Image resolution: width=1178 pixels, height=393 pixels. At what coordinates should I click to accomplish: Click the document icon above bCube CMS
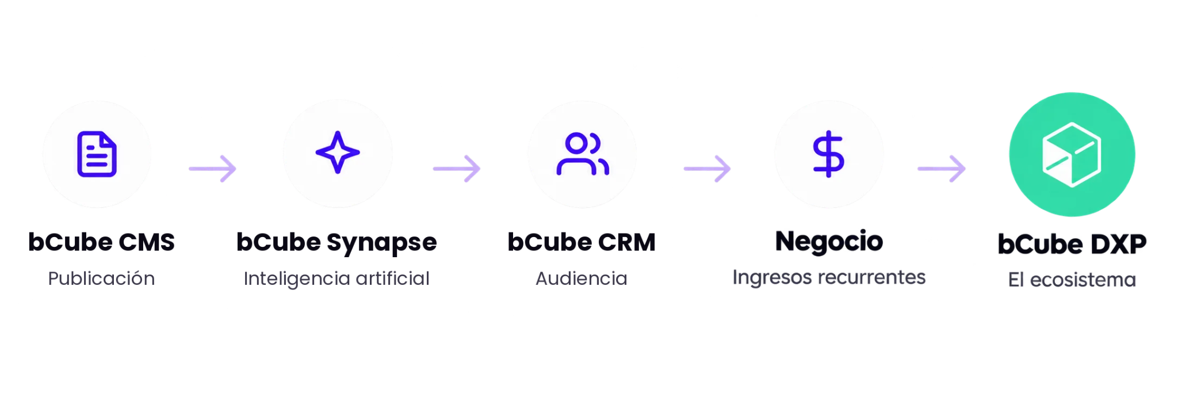(97, 154)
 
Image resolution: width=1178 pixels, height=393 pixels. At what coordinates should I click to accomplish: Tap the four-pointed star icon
(338, 152)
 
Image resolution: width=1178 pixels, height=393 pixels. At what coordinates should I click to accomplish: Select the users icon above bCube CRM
(583, 154)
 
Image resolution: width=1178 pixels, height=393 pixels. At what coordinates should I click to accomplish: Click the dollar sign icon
(828, 154)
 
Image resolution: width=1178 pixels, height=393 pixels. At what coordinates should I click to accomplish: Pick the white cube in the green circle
(1072, 154)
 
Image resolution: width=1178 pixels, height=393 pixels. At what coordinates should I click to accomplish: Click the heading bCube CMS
(101, 242)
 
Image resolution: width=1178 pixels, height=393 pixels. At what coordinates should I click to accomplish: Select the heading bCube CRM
(582, 242)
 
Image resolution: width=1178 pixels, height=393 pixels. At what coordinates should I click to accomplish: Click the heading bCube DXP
(1072, 244)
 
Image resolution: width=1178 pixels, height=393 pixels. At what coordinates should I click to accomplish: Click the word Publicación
(101, 278)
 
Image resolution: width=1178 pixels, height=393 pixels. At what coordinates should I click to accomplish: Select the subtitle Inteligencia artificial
(336, 279)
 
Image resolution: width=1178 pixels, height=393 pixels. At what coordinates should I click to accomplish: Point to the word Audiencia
(582, 278)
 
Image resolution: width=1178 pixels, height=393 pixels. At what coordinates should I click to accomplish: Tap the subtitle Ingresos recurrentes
(829, 278)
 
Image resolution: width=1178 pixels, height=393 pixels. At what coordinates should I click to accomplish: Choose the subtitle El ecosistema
(1072, 280)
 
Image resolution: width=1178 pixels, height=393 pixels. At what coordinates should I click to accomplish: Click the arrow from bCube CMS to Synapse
(213, 169)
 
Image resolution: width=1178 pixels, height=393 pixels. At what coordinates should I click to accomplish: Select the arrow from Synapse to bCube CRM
(457, 169)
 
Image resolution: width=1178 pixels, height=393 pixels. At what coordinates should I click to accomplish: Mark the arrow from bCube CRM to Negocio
(707, 169)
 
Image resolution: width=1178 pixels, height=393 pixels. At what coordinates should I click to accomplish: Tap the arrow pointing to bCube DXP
(942, 169)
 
